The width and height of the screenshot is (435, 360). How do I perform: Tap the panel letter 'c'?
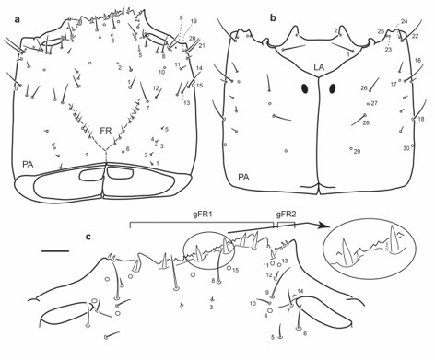pos(88,238)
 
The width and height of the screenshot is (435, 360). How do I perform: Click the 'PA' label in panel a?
pos(29,164)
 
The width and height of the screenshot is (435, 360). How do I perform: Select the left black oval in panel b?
pos(304,89)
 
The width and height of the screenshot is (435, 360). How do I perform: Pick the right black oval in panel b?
pos(330,90)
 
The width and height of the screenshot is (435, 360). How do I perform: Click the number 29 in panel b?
pos(357,150)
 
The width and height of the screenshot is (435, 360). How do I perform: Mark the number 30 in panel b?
pos(405,147)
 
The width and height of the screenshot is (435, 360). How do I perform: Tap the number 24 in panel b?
pos(404,21)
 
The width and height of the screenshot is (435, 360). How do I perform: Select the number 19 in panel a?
pos(194,20)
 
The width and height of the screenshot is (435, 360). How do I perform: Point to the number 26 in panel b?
pos(363,88)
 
